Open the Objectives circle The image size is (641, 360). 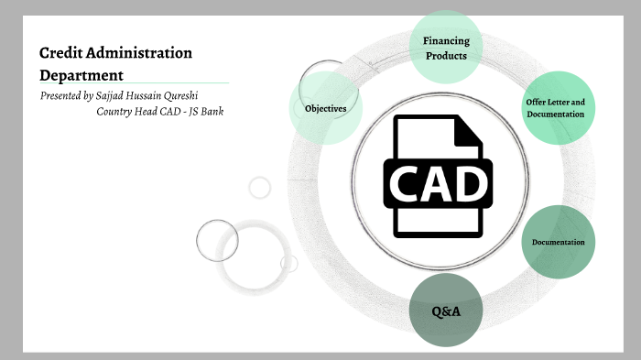click(325, 108)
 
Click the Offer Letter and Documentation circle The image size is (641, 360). click(555, 107)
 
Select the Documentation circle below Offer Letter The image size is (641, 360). click(558, 242)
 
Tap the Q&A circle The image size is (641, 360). click(445, 311)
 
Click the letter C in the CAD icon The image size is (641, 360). click(406, 183)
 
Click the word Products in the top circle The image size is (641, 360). click(445, 56)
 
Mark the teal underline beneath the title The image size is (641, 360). click(133, 83)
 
